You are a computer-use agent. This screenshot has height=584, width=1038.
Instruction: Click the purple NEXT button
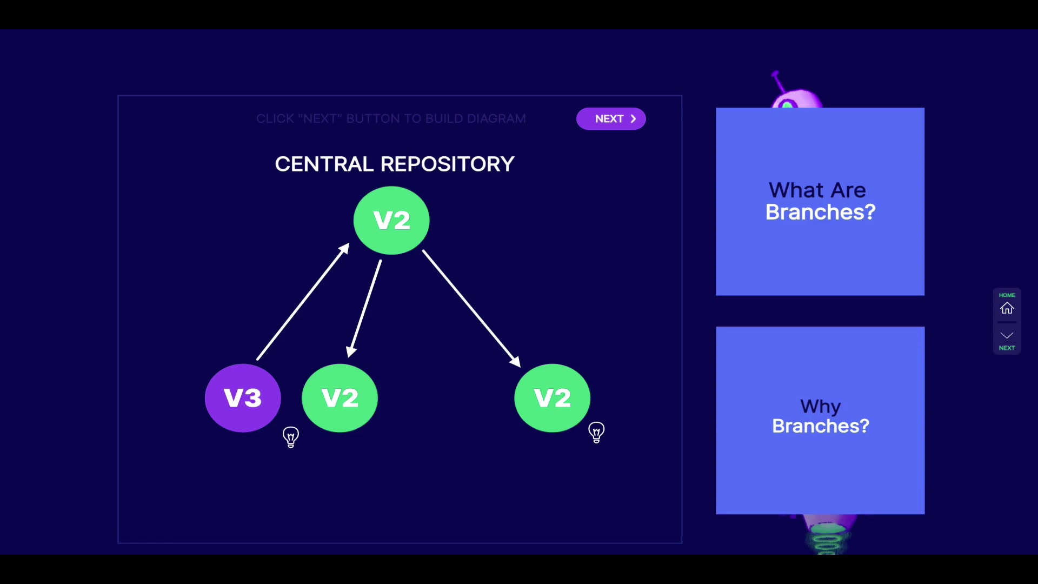(610, 119)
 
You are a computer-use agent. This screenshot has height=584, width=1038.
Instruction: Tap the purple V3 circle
(243, 398)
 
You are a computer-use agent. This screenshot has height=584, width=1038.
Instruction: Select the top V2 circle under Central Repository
(391, 220)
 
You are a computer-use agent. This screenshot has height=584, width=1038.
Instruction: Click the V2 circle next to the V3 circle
(340, 398)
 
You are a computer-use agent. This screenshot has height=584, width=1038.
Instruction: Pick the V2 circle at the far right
(552, 398)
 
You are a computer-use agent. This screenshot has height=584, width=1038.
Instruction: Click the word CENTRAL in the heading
(324, 164)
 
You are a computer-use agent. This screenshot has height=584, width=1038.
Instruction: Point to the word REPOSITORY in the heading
(448, 164)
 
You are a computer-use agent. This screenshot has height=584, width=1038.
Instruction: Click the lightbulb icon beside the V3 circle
(291, 437)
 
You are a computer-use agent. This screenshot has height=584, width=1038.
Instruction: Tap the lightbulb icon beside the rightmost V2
(596, 433)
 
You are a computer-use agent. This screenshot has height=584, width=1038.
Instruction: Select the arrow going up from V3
(303, 302)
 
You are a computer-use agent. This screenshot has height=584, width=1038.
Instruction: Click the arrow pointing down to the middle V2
(366, 308)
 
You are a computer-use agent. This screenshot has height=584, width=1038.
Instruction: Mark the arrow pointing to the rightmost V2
(470, 308)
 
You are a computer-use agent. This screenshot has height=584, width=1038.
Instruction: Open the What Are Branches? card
(820, 202)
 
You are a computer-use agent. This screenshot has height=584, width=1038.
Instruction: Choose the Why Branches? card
(820, 420)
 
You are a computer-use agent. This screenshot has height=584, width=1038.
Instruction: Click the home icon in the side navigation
(1007, 308)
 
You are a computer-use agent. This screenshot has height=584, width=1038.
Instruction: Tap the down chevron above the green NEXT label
(1007, 335)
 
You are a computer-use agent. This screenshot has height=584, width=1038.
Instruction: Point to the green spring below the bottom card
(826, 541)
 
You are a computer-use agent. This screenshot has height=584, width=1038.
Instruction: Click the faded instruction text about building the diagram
(391, 119)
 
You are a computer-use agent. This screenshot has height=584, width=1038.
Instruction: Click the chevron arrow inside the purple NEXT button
(633, 119)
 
